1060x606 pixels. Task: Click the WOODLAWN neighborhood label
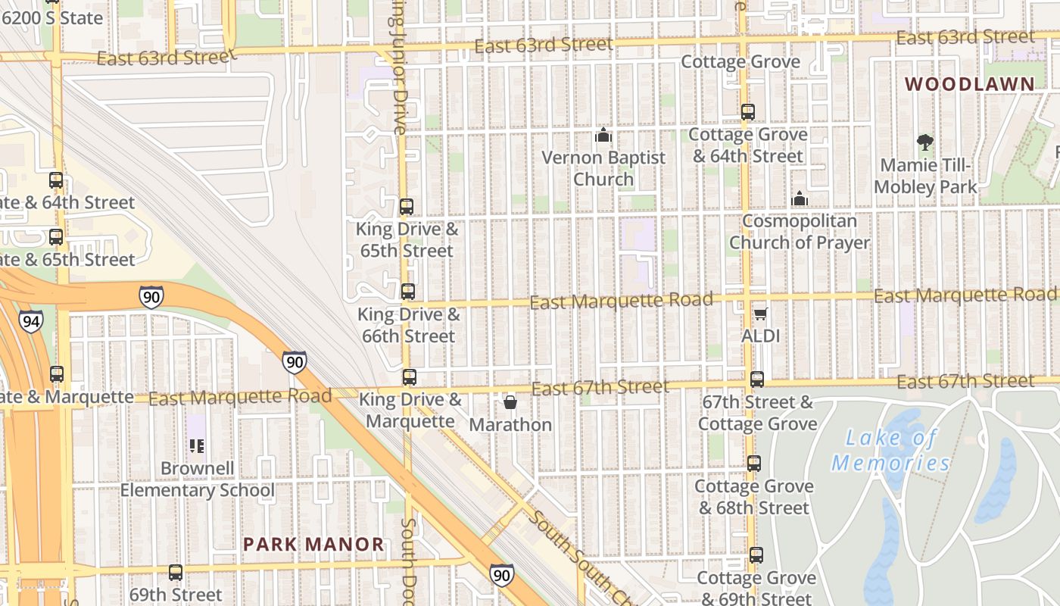pos(970,84)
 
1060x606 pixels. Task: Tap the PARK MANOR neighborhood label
pos(313,544)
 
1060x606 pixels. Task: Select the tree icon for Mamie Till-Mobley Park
pos(924,142)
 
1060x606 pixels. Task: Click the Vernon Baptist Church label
pos(603,168)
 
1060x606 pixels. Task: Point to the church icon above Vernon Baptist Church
pos(603,135)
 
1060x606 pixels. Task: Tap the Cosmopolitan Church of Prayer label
pos(800,232)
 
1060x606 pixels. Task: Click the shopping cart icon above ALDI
pos(760,314)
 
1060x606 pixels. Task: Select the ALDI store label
pos(760,336)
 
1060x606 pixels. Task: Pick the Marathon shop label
pos(510,424)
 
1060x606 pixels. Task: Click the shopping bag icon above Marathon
pos(510,402)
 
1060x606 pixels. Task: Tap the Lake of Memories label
pos(891,450)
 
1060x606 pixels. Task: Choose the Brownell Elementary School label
pos(197,479)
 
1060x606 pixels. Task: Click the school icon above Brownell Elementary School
pos(197,445)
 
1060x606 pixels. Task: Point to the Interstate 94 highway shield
pos(31,322)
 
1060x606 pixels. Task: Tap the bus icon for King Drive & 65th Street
pos(407,206)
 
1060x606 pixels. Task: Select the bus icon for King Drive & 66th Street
pos(408,291)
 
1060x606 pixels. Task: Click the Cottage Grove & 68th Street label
pos(754,497)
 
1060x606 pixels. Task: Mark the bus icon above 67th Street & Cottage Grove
pos(756,379)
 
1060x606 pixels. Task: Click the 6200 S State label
pos(52,17)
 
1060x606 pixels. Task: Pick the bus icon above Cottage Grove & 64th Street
pos(748,112)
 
